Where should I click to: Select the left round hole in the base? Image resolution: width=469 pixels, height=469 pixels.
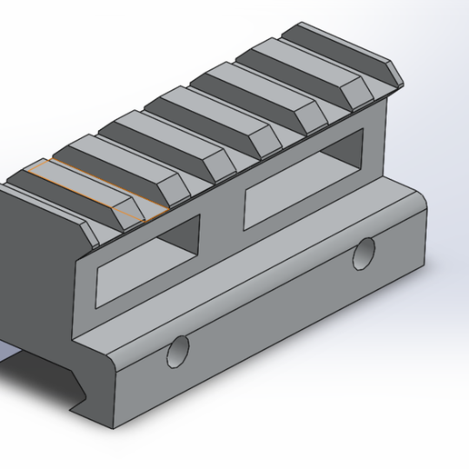tap(178, 352)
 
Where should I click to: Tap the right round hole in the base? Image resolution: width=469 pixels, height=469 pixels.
tap(365, 253)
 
